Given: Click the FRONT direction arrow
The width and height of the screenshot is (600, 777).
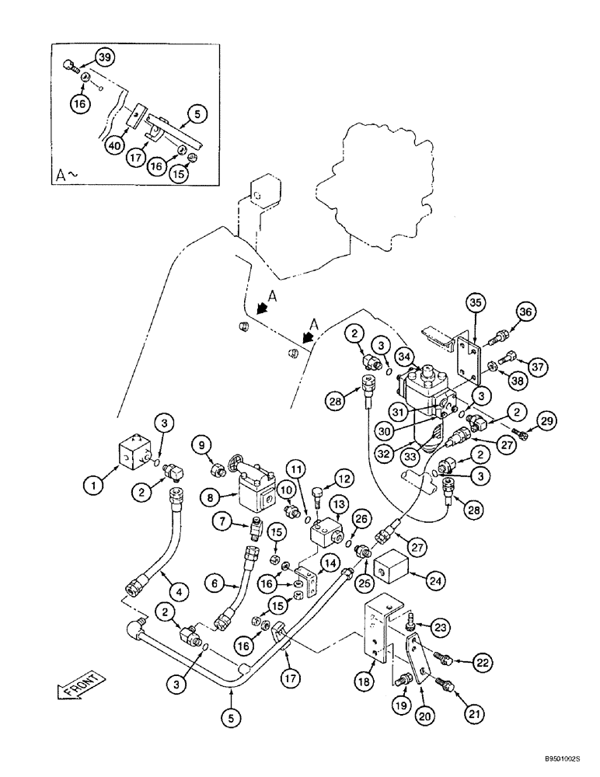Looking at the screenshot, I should point(80,688).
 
